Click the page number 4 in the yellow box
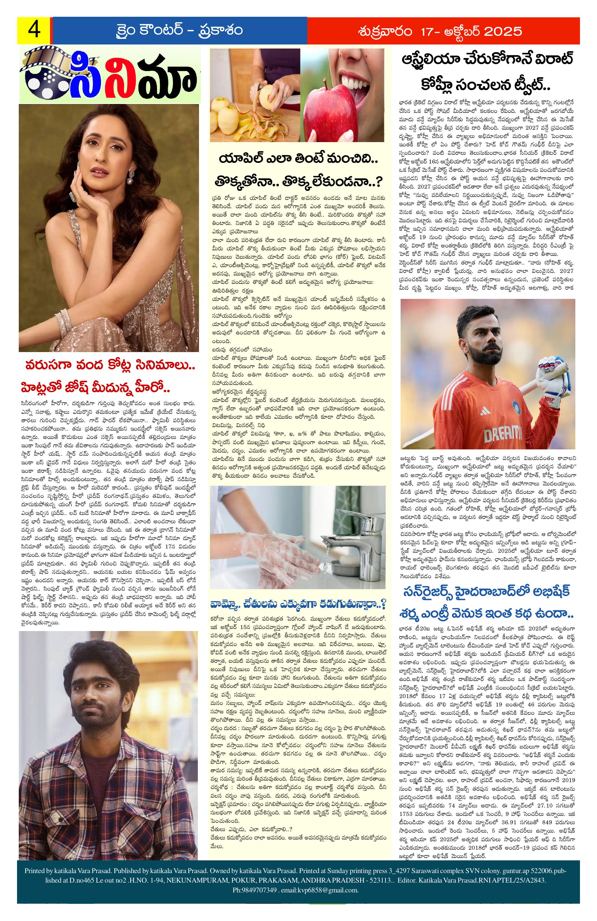click(x=33, y=30)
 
